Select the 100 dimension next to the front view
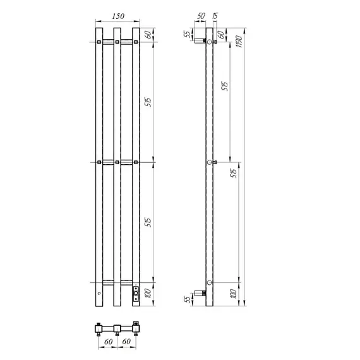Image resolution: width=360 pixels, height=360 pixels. (x=147, y=294)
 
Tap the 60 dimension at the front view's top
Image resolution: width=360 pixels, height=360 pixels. (x=147, y=34)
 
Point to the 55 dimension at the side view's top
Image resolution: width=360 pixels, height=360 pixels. (x=187, y=34)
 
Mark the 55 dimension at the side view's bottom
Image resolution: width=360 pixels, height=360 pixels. (x=187, y=299)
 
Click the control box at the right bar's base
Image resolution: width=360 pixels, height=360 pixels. (x=135, y=294)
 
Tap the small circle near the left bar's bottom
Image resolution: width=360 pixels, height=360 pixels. (x=99, y=295)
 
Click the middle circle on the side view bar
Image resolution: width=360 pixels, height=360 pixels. (x=210, y=163)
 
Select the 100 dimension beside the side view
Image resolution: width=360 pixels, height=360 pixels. (x=232, y=294)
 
